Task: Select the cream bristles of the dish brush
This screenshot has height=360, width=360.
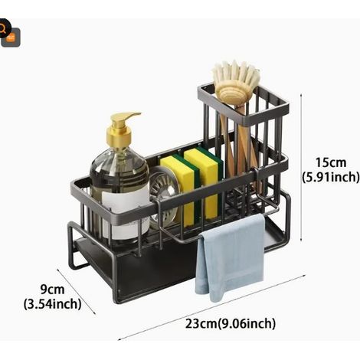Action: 236,74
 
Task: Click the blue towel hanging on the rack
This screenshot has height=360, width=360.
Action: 230,257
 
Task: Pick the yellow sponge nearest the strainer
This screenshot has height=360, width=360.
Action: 178,189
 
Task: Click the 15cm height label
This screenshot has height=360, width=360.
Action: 331,162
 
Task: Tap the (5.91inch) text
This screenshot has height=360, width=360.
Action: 331,177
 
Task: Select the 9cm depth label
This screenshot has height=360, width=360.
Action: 52,290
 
